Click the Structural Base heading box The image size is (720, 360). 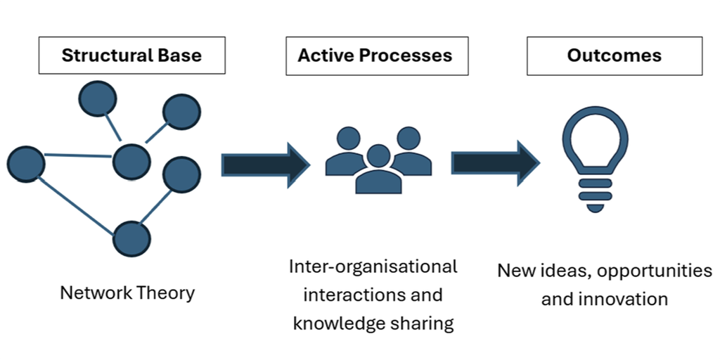point(131,55)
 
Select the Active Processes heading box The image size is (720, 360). point(377,56)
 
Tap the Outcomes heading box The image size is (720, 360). point(615,56)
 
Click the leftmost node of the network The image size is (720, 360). point(26,164)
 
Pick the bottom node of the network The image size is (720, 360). point(131,239)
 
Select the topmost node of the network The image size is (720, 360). point(98,98)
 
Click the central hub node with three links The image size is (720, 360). point(131,162)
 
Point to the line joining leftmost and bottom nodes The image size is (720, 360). point(76,207)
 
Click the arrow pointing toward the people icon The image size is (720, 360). point(266,165)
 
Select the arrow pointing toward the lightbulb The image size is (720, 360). point(496,163)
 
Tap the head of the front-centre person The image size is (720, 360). point(379,155)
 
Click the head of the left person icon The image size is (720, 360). point(349,139)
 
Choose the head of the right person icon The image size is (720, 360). point(409,139)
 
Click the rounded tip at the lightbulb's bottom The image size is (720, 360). point(595,208)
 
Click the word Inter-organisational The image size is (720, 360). point(373,266)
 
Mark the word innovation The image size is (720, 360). point(623,299)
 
